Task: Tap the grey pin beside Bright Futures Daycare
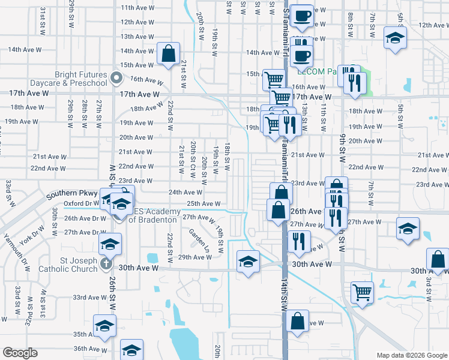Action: pos(118,77)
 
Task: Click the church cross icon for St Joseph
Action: pos(106,263)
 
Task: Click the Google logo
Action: pos(20,353)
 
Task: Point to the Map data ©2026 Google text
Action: pos(411,355)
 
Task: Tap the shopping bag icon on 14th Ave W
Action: pos(169,53)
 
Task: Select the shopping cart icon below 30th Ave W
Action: pos(362,292)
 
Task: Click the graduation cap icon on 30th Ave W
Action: pos(247,262)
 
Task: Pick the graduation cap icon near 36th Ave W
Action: pos(131,350)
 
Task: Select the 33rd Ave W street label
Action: pos(89,298)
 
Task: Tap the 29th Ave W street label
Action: pos(194,257)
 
